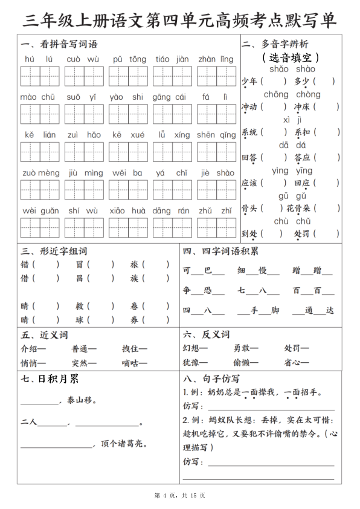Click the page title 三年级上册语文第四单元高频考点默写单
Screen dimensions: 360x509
pos(180,20)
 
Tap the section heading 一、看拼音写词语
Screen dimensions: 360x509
pos(59,45)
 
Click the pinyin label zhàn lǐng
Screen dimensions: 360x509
pos(216,59)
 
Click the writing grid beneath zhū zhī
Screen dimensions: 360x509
pos(216,227)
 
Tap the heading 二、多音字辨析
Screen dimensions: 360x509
pos(275,45)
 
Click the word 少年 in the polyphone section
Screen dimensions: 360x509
pos(249,81)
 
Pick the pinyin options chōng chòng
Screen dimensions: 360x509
pos(292,94)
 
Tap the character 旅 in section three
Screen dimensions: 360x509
pos(134,264)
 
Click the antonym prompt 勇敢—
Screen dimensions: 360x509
pos(246,349)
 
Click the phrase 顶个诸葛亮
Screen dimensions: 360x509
pos(124,444)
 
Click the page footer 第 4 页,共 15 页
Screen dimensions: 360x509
pos(180,495)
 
